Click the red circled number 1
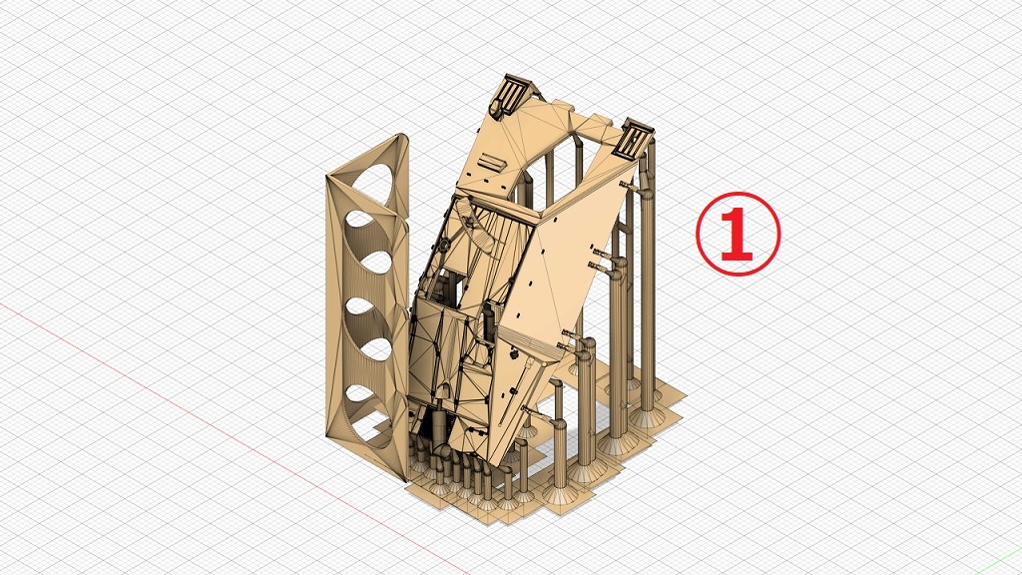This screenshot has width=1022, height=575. coord(738,234)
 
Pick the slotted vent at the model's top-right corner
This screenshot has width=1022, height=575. coord(634,138)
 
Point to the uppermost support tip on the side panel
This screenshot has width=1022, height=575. coord(629,186)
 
